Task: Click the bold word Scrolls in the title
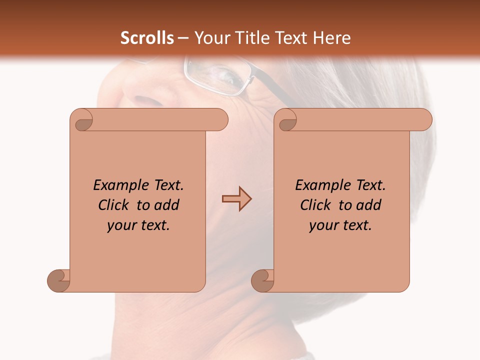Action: click(x=147, y=38)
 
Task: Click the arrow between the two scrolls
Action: click(x=236, y=199)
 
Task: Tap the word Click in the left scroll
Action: click(x=114, y=205)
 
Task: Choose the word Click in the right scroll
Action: click(x=316, y=205)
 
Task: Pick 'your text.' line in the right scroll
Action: click(x=340, y=225)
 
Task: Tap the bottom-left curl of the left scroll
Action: click(x=59, y=280)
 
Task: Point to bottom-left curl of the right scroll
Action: click(x=262, y=280)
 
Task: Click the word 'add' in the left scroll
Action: click(x=167, y=205)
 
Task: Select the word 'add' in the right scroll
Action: click(x=369, y=205)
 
